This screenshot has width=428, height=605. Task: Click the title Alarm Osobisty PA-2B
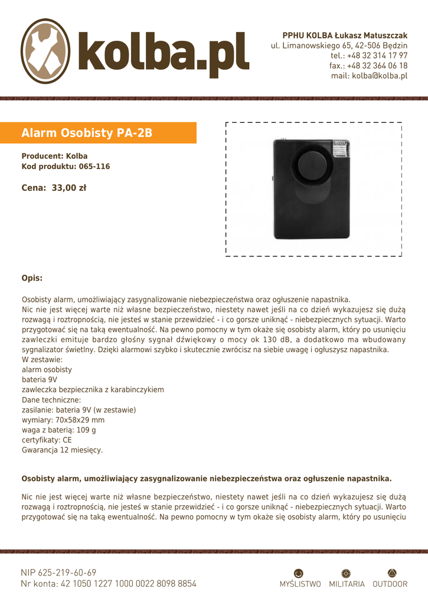click(87, 133)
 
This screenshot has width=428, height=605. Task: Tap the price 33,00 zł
click(54, 188)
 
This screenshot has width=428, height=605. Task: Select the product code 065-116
click(94, 167)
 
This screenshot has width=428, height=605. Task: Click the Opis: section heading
click(32, 278)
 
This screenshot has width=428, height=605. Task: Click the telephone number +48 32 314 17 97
click(377, 56)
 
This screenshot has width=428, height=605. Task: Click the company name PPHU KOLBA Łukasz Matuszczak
click(345, 35)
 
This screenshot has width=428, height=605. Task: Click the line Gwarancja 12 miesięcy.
click(62, 450)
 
